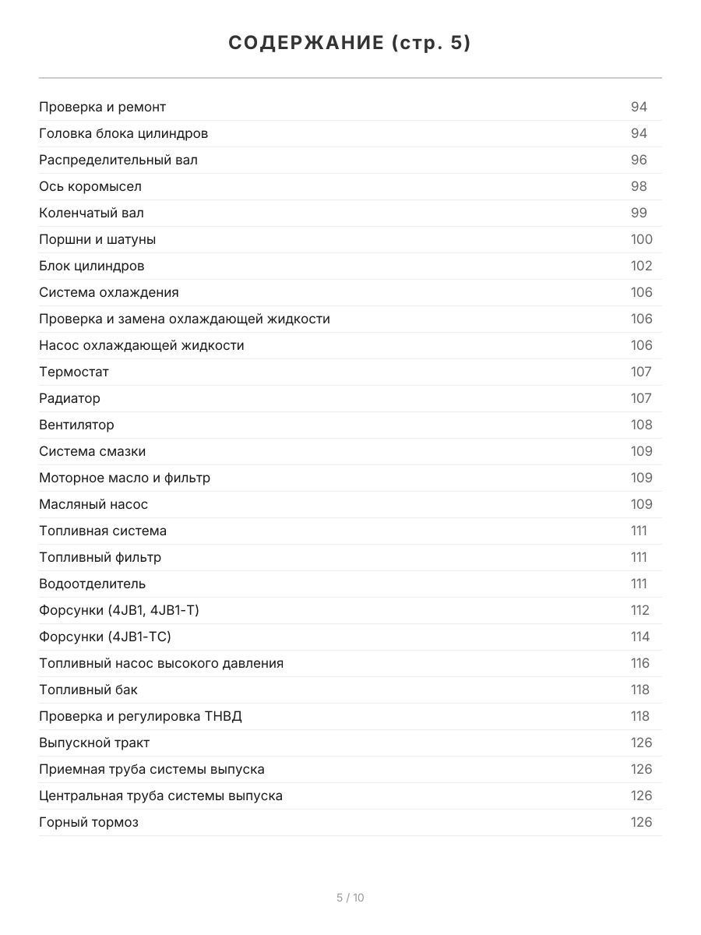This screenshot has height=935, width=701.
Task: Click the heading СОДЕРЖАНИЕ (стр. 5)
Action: pyautogui.click(x=350, y=43)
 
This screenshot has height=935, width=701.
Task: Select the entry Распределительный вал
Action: pyautogui.click(x=118, y=160)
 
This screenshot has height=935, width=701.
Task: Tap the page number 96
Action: pyautogui.click(x=639, y=160)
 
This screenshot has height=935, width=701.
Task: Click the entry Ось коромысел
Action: pyautogui.click(x=90, y=186)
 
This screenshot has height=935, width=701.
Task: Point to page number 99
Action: pyautogui.click(x=639, y=213)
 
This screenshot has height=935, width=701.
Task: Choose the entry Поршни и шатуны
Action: pyautogui.click(x=97, y=239)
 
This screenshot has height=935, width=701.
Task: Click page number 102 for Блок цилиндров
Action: pyautogui.click(x=641, y=266)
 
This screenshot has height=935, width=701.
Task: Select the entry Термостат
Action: pyautogui.click(x=74, y=372)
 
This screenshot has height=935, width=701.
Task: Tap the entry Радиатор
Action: pyautogui.click(x=69, y=398)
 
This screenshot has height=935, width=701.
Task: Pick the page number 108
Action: pyautogui.click(x=641, y=425)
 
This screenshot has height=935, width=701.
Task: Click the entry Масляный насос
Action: pyautogui.click(x=93, y=504)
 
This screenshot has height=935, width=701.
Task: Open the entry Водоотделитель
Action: pyautogui.click(x=92, y=584)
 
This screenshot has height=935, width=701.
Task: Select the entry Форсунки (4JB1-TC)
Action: pyautogui.click(x=105, y=637)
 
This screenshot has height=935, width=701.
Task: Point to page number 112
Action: pyautogui.click(x=639, y=610)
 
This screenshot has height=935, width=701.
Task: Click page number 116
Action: pyautogui.click(x=639, y=663)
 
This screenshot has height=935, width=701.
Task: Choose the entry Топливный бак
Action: pyautogui.click(x=88, y=690)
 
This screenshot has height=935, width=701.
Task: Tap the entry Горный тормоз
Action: pyautogui.click(x=89, y=822)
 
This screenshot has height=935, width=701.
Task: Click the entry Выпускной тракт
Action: pyautogui.click(x=94, y=743)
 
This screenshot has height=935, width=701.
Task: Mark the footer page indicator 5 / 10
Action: pyautogui.click(x=350, y=898)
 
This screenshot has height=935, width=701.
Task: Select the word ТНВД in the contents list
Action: pyautogui.click(x=223, y=716)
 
